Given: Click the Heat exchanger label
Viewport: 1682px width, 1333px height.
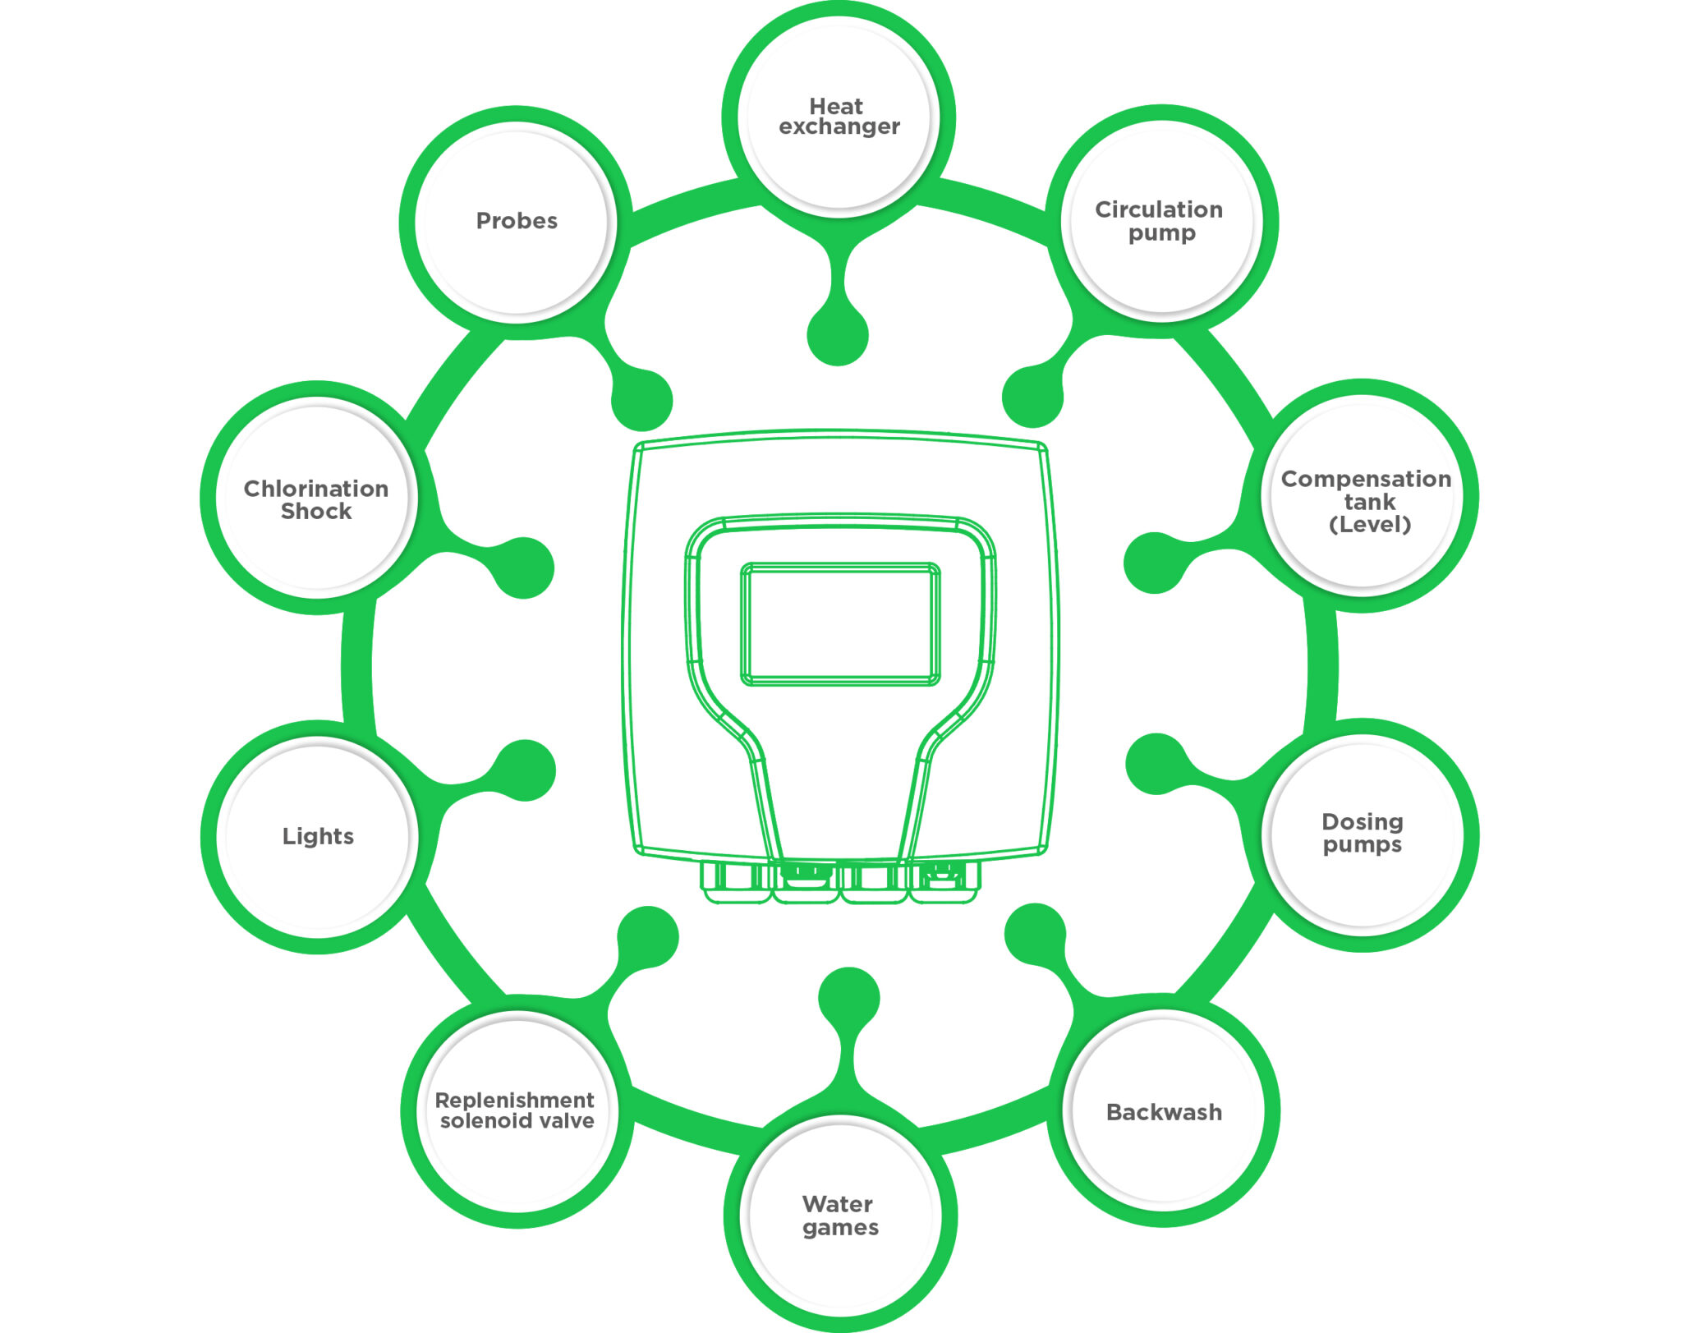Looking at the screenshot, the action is coord(839,117).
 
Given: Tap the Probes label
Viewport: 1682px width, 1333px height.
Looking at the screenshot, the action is coord(517,221).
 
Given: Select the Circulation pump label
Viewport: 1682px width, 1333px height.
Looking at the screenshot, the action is coord(1160,221).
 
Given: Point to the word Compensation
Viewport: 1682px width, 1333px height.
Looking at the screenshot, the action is coord(1366,479).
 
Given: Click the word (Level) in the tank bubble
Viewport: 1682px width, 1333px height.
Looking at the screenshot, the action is coord(1369,525).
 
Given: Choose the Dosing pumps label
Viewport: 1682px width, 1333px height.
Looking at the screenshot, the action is coord(1363,834).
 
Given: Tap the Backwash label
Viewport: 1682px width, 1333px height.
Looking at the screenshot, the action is coord(1164,1112).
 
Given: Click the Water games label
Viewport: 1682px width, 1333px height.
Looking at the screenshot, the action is coord(840,1216).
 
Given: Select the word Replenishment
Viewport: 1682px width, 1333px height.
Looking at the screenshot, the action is coord(514,1101).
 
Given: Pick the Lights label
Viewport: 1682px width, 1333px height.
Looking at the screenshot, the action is coord(318,836).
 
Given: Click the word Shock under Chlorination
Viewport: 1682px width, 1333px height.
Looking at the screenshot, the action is coord(316,511).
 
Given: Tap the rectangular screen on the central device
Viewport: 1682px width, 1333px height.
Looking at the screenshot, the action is coord(840,623).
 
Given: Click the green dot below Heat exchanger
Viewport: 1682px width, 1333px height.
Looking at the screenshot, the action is coord(838,335).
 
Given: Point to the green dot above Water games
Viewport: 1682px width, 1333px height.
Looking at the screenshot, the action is coord(849,998).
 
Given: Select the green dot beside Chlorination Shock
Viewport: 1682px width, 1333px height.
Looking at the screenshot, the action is coord(524,568).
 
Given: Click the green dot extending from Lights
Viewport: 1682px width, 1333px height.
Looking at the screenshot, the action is coord(526,770).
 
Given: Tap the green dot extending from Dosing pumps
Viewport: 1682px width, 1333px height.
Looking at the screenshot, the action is coord(1156,764).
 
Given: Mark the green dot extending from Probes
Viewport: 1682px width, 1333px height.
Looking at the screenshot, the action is coord(642,400).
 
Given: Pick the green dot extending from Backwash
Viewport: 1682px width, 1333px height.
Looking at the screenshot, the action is coord(1036,935).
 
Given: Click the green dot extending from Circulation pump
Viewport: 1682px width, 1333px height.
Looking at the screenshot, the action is coord(1033,397).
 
